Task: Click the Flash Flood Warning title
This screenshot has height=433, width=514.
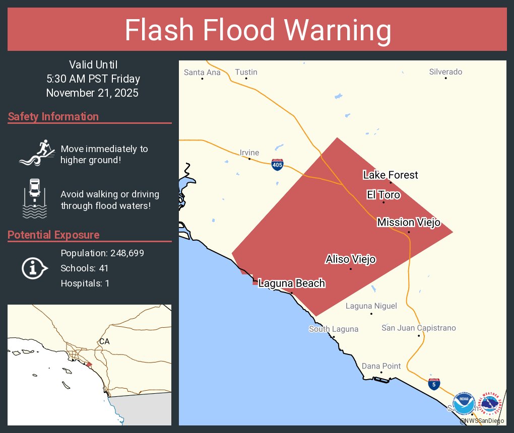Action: tap(258, 30)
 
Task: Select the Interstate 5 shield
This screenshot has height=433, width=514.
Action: tap(432, 384)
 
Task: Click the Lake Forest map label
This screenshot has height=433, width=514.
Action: tap(391, 175)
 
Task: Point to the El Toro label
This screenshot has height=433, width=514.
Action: tap(383, 195)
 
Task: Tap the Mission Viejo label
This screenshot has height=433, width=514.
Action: tap(409, 222)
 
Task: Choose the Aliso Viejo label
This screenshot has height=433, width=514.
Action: tap(351, 259)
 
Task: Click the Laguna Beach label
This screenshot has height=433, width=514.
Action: tap(291, 283)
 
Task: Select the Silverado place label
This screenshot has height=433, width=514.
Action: tap(445, 72)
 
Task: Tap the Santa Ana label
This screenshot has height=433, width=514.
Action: tap(202, 72)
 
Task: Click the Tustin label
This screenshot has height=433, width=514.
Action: tap(246, 72)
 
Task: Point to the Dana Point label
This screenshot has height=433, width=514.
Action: tap(381, 366)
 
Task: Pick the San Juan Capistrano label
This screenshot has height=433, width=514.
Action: tap(419, 328)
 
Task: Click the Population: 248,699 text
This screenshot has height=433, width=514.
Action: tap(102, 253)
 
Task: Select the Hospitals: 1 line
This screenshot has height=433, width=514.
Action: tap(85, 283)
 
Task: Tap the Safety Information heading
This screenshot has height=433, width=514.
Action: tap(53, 117)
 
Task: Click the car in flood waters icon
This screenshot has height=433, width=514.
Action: tap(34, 198)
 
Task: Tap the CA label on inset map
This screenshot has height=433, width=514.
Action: tap(104, 341)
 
